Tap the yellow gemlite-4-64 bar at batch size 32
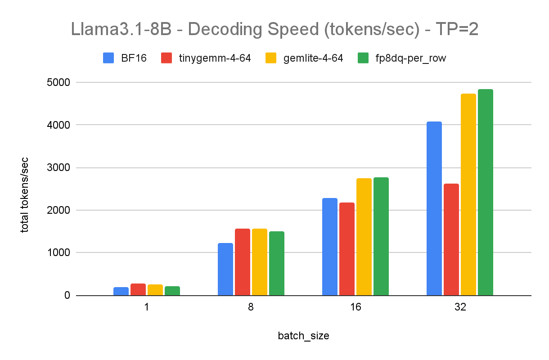click(468, 194)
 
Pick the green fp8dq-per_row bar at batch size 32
click(486, 192)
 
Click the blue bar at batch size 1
click(121, 291)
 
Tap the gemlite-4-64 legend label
click(313, 58)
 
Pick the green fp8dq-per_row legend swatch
click(363, 58)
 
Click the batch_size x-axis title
click(303, 336)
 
